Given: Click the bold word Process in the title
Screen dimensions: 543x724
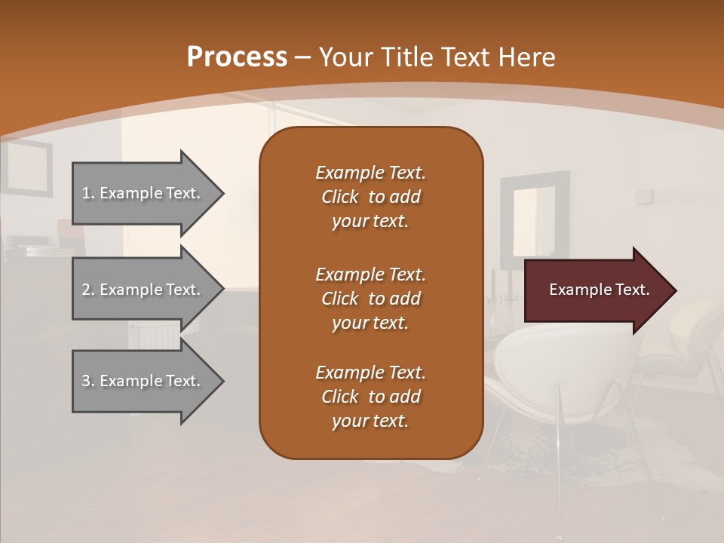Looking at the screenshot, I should [237, 57].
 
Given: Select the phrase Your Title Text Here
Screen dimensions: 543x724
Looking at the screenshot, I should [437, 57].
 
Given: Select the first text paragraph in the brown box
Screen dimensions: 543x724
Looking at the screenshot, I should [370, 197].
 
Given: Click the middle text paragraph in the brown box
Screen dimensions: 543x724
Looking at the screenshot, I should [370, 299].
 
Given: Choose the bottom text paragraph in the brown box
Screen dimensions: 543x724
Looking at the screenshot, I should [370, 397].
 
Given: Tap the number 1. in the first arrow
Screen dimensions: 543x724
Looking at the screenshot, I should [88, 193].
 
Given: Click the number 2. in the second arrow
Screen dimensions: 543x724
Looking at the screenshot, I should [88, 290].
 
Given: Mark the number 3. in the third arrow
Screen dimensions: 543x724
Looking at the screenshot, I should [88, 381].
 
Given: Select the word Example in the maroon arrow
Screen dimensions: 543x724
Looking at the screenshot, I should [576, 290].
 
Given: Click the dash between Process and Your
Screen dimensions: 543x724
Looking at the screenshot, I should [303, 57].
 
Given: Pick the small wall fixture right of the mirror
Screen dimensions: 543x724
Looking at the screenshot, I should [644, 196].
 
